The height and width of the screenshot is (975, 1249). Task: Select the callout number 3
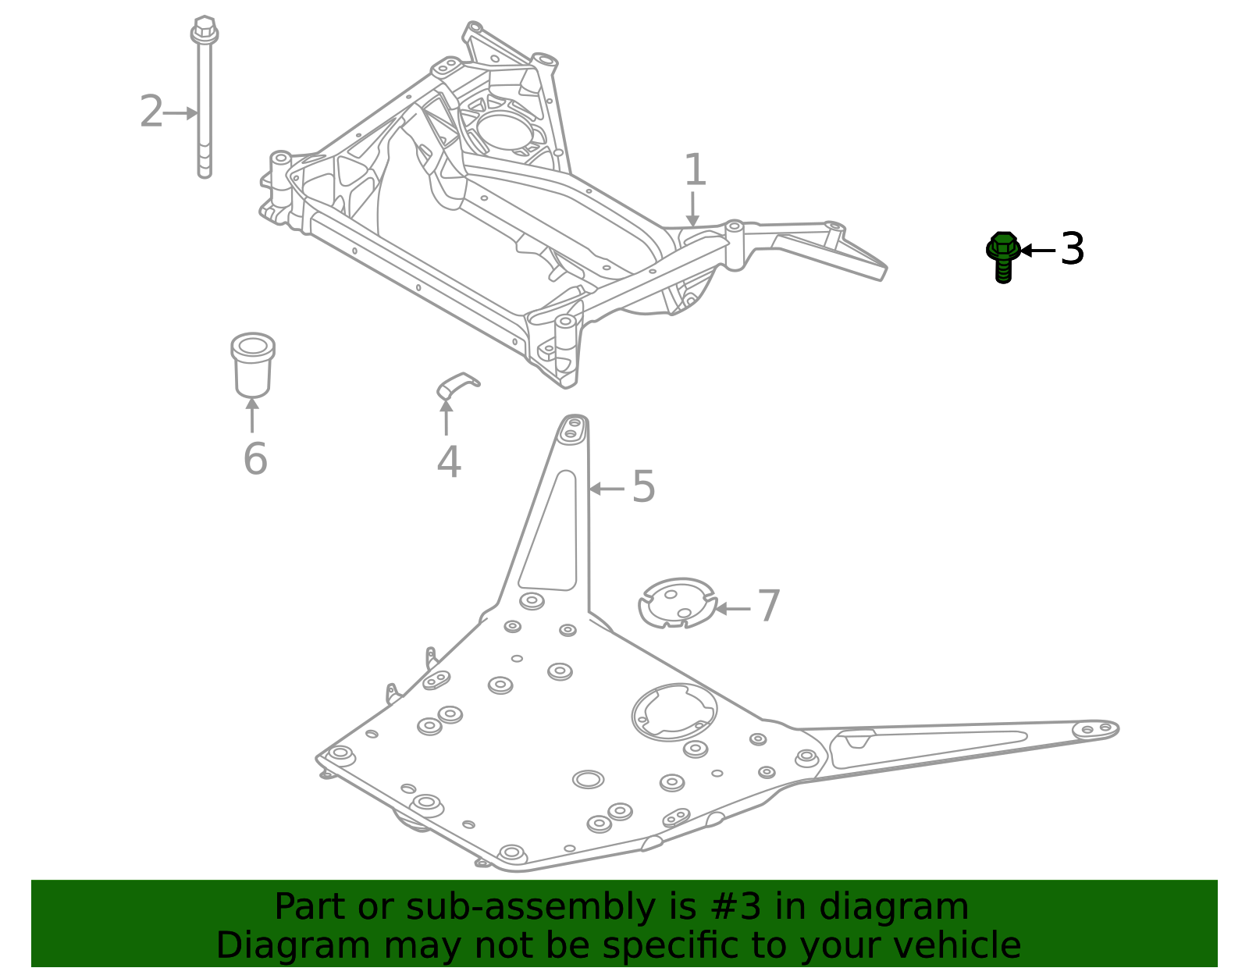pyautogui.click(x=1073, y=250)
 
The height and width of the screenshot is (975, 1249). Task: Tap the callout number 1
pyautogui.click(x=695, y=170)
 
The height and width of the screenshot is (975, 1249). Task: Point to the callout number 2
pyautogui.click(x=151, y=112)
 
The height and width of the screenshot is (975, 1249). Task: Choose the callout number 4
pyautogui.click(x=449, y=463)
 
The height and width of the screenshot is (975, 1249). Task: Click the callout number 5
pyautogui.click(x=643, y=487)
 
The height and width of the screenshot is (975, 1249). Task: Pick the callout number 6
pyautogui.click(x=255, y=459)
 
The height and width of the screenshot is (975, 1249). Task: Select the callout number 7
pyautogui.click(x=769, y=607)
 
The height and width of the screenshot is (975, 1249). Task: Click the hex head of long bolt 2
pyautogui.click(x=205, y=30)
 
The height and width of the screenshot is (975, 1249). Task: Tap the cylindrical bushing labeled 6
pyautogui.click(x=252, y=365)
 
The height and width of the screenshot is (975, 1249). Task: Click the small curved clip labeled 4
pyautogui.click(x=457, y=384)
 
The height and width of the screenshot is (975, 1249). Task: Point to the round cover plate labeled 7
pyautogui.click(x=676, y=603)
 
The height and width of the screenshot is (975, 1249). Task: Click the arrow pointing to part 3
pyautogui.click(x=1037, y=251)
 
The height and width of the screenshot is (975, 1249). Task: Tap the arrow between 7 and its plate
pyautogui.click(x=732, y=608)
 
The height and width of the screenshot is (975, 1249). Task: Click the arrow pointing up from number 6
pyautogui.click(x=252, y=415)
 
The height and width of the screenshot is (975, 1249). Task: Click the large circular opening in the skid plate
pyautogui.click(x=674, y=711)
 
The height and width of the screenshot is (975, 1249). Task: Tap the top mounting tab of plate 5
pyautogui.click(x=572, y=429)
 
